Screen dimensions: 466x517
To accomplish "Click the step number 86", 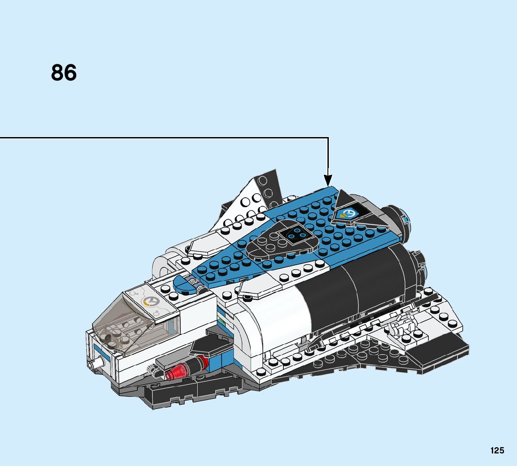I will [64, 73].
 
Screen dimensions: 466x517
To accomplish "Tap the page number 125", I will [497, 450].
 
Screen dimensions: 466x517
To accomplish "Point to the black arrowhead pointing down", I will [328, 180].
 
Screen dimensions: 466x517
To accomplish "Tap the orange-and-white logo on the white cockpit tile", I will [149, 302].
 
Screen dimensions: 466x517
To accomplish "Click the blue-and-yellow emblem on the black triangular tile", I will [347, 213].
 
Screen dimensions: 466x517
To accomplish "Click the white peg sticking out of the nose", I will [93, 364].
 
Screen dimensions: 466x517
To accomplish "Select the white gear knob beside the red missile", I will [152, 371].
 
